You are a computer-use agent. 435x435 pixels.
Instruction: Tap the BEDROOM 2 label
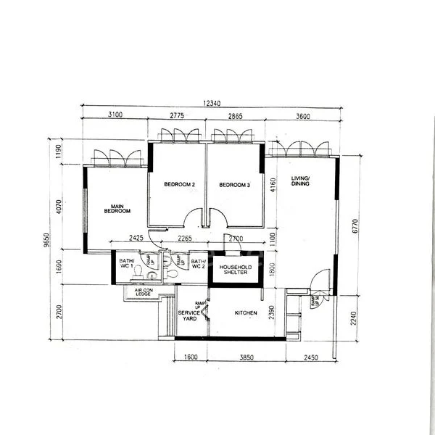(179, 185)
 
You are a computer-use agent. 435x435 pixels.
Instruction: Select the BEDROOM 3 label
(234, 185)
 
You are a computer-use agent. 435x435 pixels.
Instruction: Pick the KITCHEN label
(246, 313)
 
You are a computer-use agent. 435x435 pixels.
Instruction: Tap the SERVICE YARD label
(188, 316)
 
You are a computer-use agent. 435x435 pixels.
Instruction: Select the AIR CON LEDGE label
(142, 291)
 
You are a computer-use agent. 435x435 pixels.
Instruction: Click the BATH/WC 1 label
(128, 263)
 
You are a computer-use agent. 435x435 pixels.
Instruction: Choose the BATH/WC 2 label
(199, 264)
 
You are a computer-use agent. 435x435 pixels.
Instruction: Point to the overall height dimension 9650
(47, 240)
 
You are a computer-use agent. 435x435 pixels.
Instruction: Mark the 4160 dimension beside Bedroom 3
(272, 193)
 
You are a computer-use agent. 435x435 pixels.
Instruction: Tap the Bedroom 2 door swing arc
(192, 217)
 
